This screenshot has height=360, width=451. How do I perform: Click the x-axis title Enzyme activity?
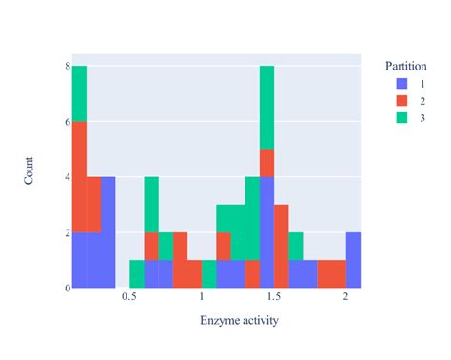coord(239,320)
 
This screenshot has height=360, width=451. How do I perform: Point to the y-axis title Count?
coord(29,177)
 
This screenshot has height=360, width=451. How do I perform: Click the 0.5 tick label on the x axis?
coord(129,297)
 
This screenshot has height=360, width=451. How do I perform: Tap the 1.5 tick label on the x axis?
coord(274,297)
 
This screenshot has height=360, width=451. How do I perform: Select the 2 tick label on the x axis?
coord(345,297)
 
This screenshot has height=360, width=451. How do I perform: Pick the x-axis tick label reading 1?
coord(202,297)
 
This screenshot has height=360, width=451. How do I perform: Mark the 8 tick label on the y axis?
coord(66,67)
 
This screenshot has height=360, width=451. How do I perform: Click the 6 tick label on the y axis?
coord(66,122)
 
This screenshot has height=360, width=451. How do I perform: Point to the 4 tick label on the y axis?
coord(66,177)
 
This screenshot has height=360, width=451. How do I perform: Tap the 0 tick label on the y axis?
coord(66,288)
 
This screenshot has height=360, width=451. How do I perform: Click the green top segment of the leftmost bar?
coord(79,93)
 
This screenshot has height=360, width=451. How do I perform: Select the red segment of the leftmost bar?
coord(79,176)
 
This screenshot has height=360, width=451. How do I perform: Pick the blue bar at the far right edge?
coord(353,259)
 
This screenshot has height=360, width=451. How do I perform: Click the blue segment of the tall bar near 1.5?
coord(266,231)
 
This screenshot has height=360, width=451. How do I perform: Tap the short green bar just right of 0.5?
coord(137,273)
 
